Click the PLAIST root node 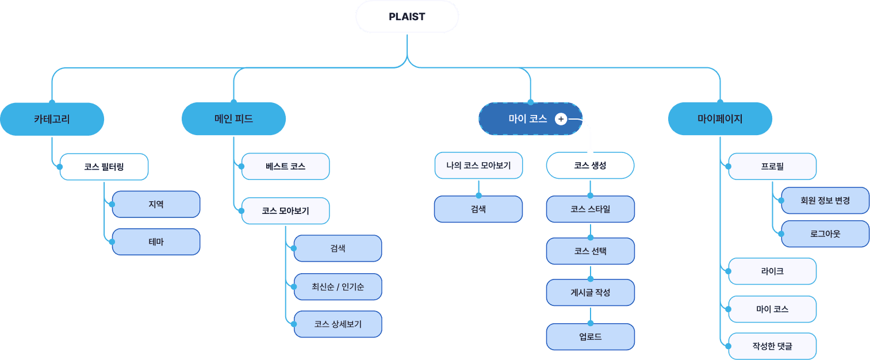[x=407, y=17]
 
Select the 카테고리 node [x=52, y=119]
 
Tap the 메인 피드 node [x=233, y=119]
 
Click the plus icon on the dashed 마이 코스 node [x=561, y=119]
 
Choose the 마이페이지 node [x=720, y=119]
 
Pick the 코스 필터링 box [x=104, y=167]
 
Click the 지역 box [x=156, y=204]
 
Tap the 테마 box [x=156, y=242]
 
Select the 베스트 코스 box [x=285, y=166]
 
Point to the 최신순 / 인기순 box [x=338, y=286]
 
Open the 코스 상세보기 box [x=338, y=324]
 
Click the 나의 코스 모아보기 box [x=478, y=166]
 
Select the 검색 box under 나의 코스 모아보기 [x=478, y=209]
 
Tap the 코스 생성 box [x=590, y=166]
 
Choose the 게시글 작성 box [x=590, y=293]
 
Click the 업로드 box [x=590, y=336]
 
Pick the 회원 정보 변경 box [x=825, y=201]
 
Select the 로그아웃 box [x=825, y=234]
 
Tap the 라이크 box [x=772, y=271]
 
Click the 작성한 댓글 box [x=772, y=346]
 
